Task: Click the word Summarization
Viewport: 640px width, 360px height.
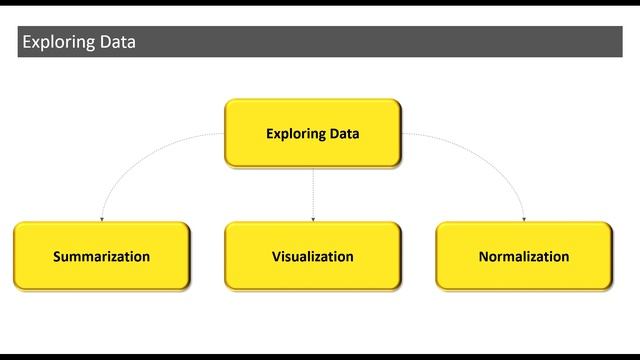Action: click(x=101, y=257)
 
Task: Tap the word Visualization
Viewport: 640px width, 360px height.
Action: click(x=312, y=257)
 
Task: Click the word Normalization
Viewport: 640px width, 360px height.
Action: click(x=523, y=257)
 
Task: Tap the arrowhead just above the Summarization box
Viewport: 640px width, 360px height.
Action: click(x=101, y=218)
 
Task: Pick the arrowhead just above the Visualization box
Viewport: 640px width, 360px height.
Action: click(x=313, y=218)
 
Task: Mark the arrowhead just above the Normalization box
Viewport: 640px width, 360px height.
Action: click(x=524, y=218)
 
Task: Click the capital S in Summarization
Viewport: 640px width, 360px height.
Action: click(x=57, y=257)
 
